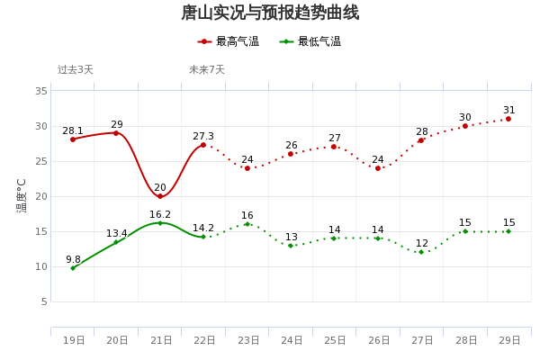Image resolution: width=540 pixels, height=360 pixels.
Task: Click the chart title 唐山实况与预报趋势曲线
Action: (x=270, y=13)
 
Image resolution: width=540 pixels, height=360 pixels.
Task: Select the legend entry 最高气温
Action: (x=229, y=41)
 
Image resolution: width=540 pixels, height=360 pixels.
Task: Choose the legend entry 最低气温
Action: (x=310, y=41)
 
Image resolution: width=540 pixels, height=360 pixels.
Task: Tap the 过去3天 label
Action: (x=76, y=69)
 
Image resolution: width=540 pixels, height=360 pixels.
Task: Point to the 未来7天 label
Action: (x=207, y=69)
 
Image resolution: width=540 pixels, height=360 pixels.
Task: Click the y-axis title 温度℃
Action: (x=22, y=195)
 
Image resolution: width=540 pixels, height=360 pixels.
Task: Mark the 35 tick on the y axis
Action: (x=42, y=91)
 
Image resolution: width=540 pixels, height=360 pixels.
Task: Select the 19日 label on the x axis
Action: (x=74, y=340)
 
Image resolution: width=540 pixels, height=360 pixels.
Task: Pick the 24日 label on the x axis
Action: (x=292, y=340)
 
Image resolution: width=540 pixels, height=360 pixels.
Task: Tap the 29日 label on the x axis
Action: (x=509, y=340)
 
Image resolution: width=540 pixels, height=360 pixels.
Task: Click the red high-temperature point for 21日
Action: (x=160, y=196)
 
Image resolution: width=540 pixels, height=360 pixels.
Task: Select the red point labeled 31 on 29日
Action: (x=508, y=119)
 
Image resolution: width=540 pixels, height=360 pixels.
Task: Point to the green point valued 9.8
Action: (x=73, y=268)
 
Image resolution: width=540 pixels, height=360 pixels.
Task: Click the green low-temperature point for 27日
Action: (x=421, y=252)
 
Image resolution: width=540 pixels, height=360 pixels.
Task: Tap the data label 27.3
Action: (x=203, y=137)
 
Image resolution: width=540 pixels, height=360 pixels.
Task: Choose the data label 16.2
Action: (x=160, y=215)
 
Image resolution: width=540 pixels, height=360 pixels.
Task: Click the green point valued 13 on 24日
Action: (x=291, y=246)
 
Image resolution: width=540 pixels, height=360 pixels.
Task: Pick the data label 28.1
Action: (x=73, y=130)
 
